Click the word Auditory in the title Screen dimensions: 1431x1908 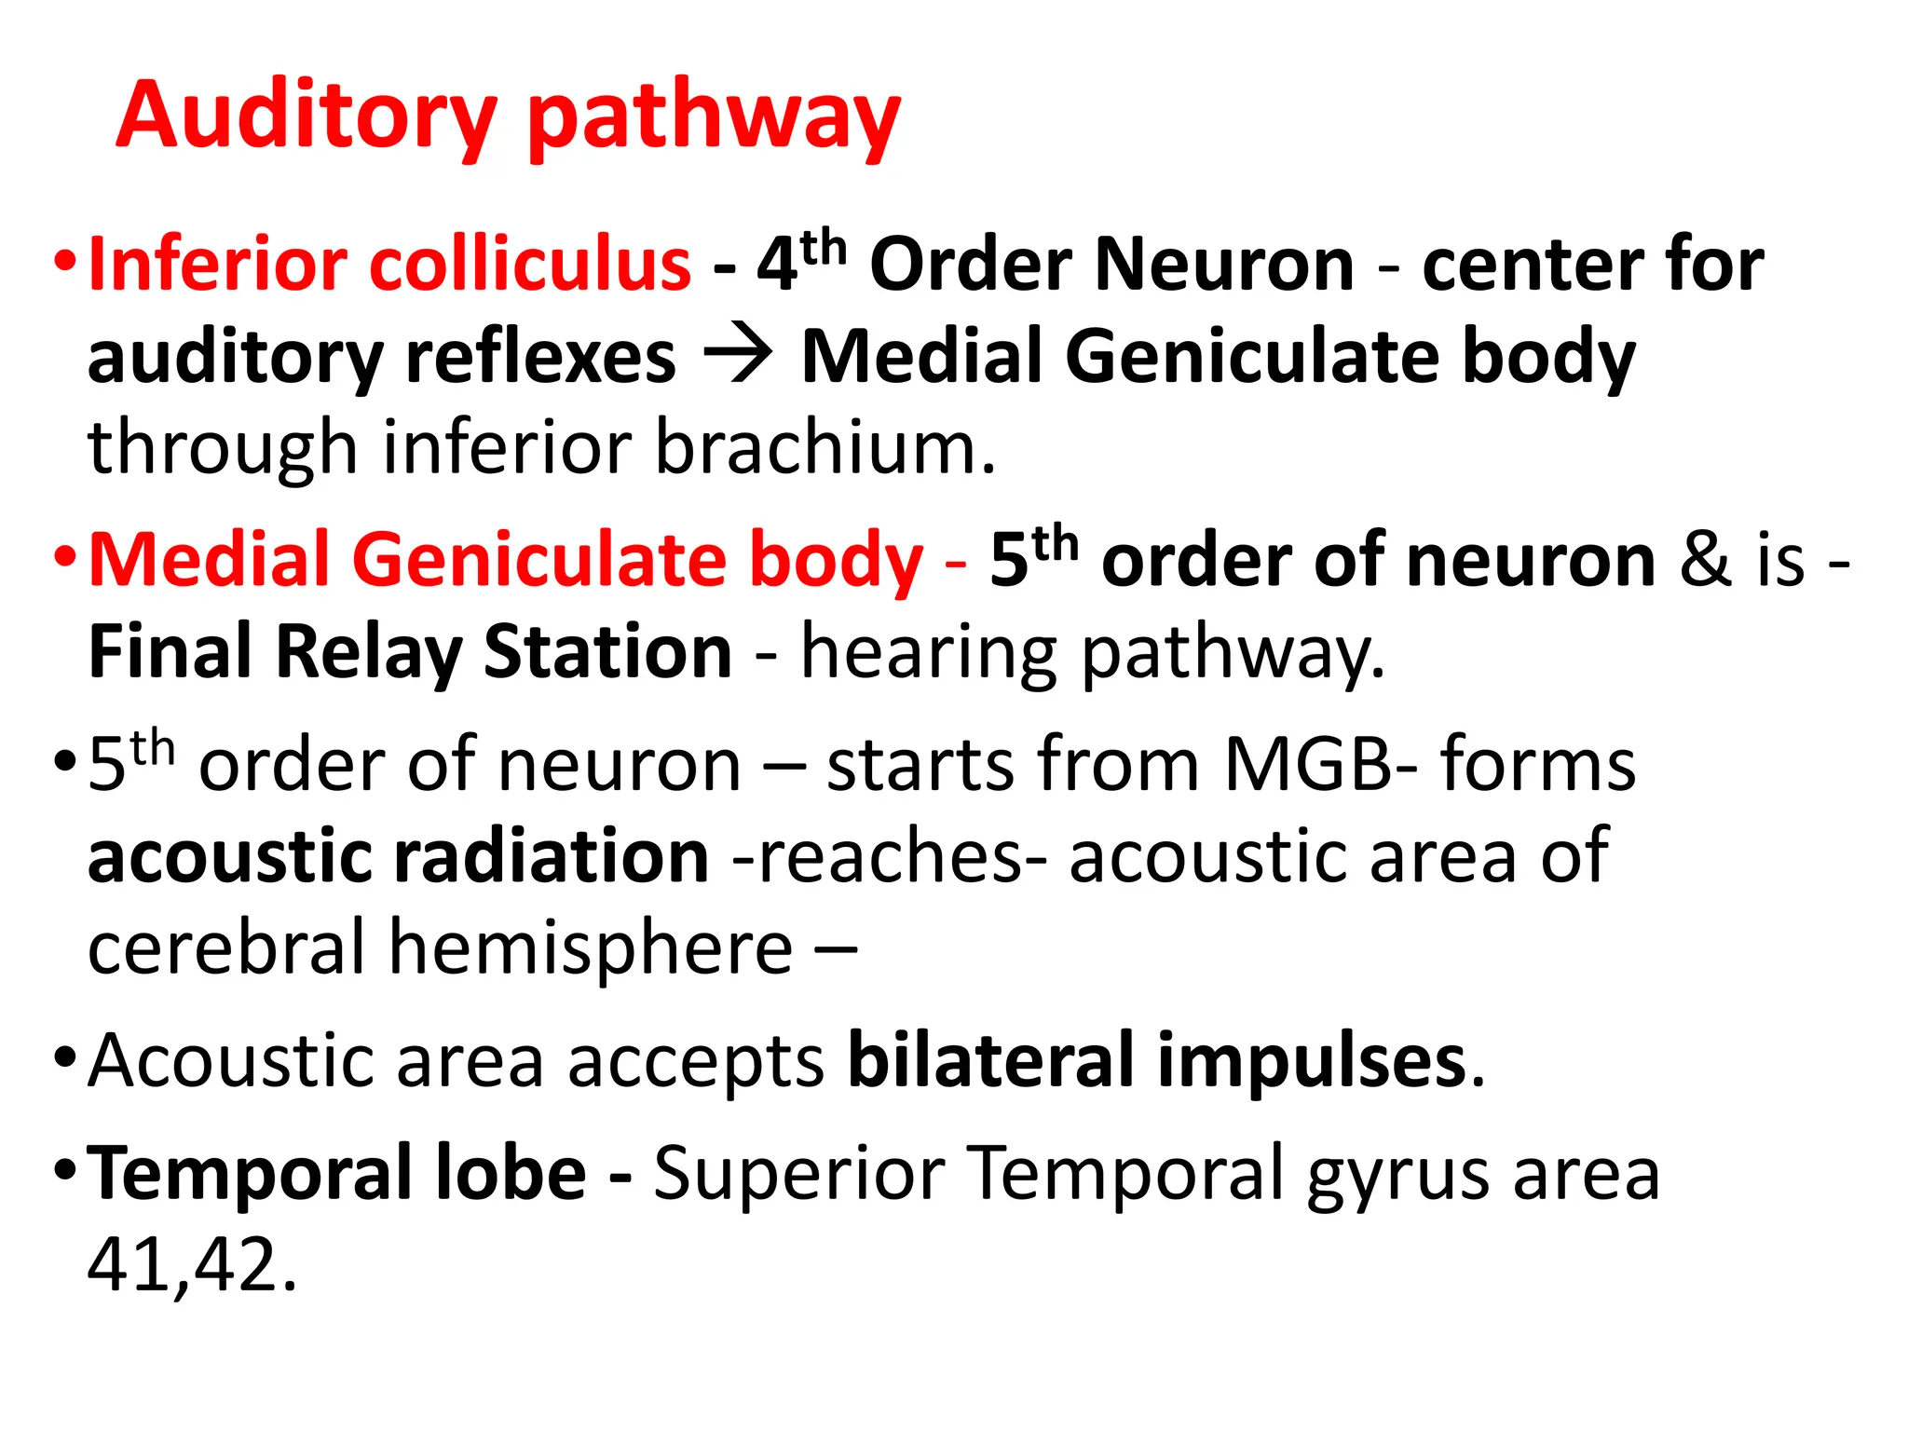tap(307, 116)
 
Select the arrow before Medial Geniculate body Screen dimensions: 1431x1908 tap(738, 356)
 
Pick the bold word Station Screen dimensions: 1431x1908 tap(607, 651)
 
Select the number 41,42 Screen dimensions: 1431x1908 tap(192, 1264)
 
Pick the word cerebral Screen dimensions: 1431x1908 tap(226, 947)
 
